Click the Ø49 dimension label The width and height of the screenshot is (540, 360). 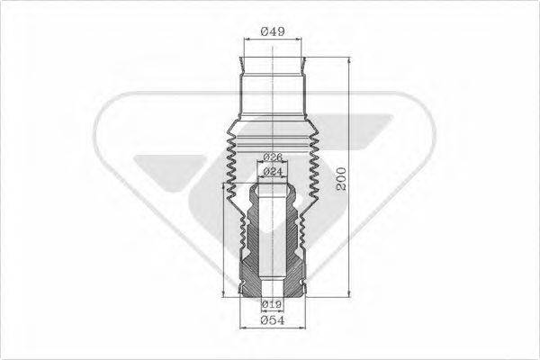pyautogui.click(x=273, y=31)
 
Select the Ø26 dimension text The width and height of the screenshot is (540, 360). pyautogui.click(x=273, y=157)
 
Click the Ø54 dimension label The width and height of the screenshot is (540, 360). pyautogui.click(x=273, y=320)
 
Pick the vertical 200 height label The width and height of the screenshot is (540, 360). pyautogui.click(x=339, y=183)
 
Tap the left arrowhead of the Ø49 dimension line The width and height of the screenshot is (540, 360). pyautogui.click(x=247, y=40)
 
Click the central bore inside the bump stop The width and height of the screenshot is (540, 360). pyautogui.click(x=273, y=243)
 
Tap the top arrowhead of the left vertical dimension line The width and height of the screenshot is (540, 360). pyautogui.click(x=224, y=184)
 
